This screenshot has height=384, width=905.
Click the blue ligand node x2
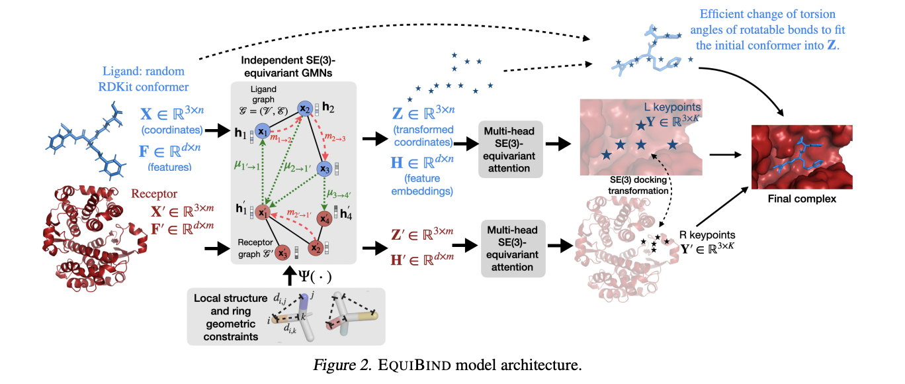[x=305, y=109]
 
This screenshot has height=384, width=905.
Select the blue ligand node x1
[x=263, y=131]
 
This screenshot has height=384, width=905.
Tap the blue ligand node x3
[x=324, y=169]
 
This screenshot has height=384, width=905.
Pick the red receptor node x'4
[x=324, y=218]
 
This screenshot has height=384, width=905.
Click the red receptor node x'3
[x=282, y=253]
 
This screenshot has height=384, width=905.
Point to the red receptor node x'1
[x=263, y=213]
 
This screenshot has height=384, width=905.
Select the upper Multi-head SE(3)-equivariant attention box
[x=510, y=149]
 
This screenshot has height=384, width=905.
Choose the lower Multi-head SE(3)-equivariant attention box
[x=513, y=248]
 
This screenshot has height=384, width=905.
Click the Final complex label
[x=802, y=199]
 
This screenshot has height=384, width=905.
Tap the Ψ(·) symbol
[x=315, y=277]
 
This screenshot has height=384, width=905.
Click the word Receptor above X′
[x=154, y=193]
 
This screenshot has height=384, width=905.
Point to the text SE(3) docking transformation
[x=638, y=185]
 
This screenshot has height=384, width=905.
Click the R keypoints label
[x=707, y=235]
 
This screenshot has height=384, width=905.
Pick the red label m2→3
[x=335, y=138]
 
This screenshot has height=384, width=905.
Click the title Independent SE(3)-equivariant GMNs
[x=288, y=67]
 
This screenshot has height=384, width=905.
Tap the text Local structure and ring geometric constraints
[x=231, y=317]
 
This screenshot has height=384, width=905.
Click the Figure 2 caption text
[x=447, y=365]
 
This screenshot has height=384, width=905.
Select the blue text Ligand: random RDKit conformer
[x=144, y=79]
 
